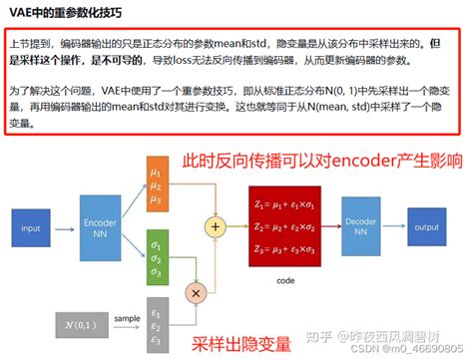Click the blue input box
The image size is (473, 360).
click(32, 228)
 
